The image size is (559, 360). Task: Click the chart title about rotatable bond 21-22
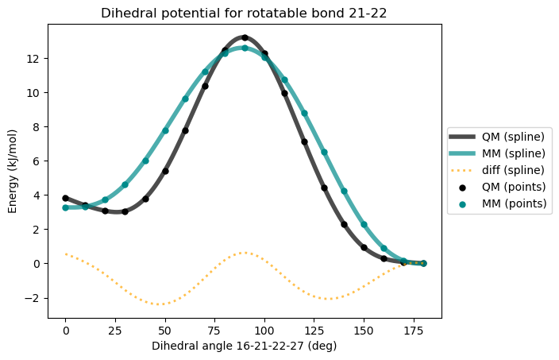(245, 14)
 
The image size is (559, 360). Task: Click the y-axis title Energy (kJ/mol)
(13, 171)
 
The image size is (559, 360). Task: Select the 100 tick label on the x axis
(264, 329)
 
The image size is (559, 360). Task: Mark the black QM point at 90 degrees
(245, 37)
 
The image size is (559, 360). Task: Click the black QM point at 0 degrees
(65, 198)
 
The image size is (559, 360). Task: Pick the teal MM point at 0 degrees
(65, 207)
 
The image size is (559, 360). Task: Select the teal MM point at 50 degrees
(165, 130)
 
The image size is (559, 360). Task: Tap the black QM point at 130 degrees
(324, 188)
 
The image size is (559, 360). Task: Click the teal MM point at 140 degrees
(344, 191)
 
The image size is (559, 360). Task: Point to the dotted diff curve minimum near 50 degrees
(161, 304)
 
